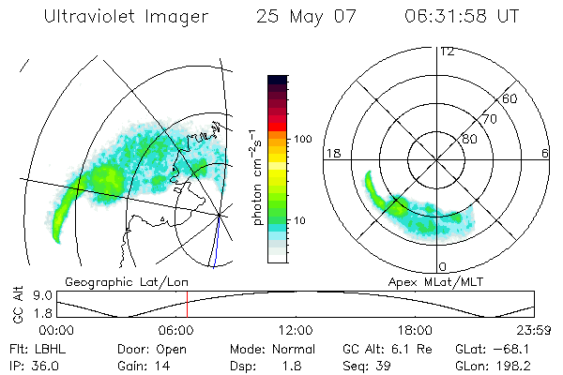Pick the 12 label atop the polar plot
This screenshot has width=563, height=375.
pos(447,52)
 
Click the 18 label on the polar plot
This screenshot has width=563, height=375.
pos(331,153)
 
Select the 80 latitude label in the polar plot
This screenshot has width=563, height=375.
pos(470,139)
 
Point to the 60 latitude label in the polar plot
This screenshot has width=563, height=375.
pos(510,98)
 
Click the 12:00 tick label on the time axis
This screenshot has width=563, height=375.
pos(296,329)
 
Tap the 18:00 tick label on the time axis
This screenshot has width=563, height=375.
pos(415,329)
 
